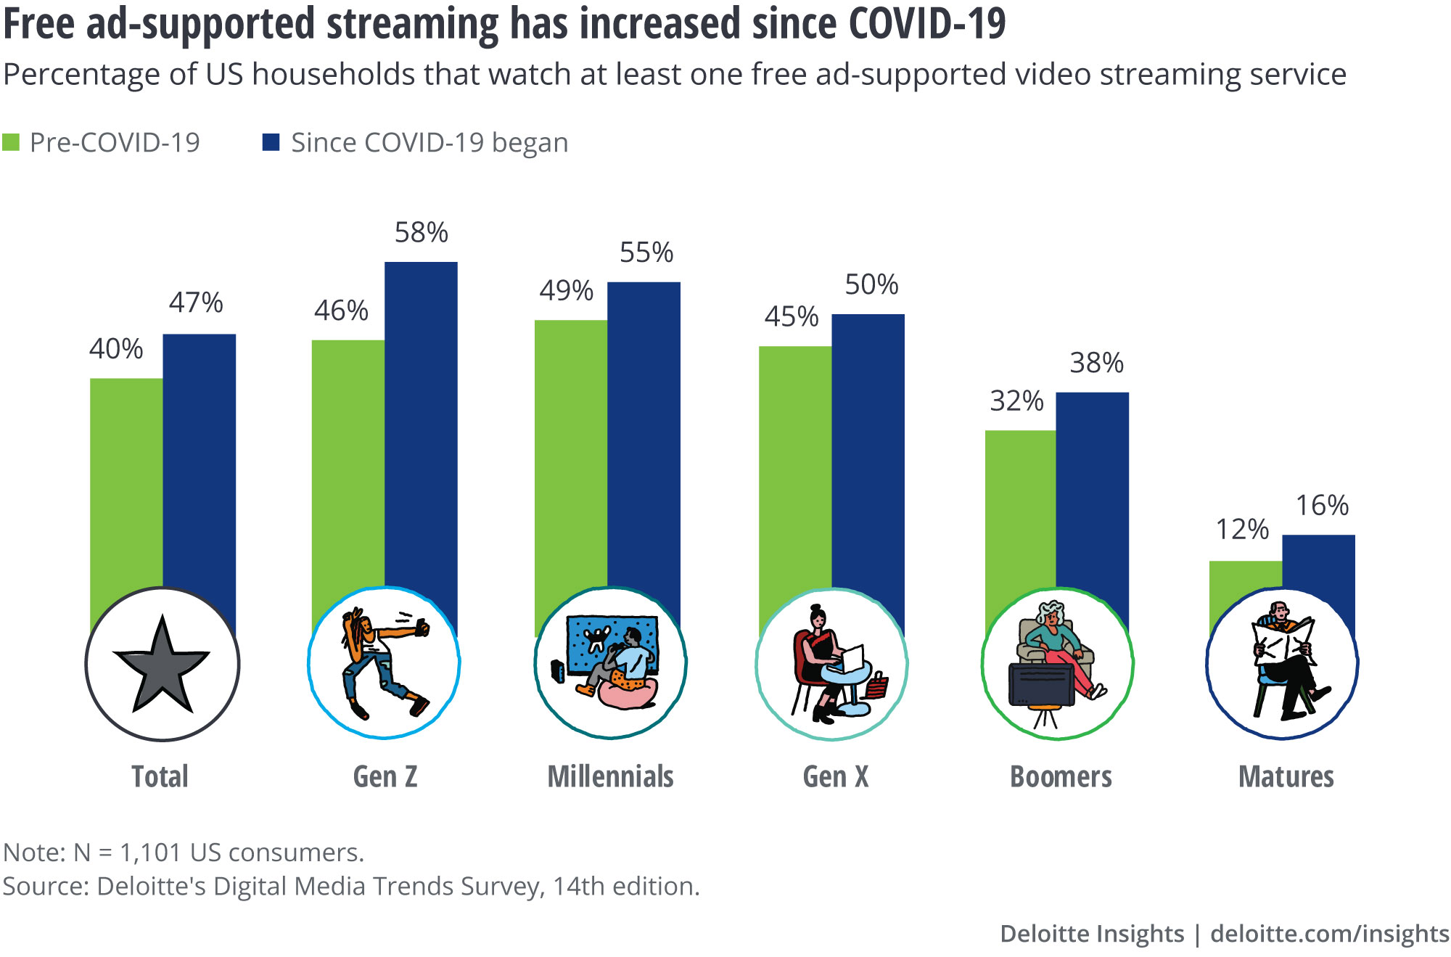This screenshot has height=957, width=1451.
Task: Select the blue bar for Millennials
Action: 644,443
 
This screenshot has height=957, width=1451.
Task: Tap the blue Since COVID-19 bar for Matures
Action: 1319,573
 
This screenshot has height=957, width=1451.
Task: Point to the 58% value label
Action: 422,232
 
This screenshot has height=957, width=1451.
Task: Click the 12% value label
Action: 1242,529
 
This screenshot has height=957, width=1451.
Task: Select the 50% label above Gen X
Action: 871,284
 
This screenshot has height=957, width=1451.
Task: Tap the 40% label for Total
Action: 116,348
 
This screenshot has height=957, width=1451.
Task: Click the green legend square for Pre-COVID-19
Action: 11,142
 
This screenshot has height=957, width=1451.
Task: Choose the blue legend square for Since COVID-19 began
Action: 271,141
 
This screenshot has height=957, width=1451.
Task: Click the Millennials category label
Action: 610,776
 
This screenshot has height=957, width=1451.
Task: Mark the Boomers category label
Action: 1061,776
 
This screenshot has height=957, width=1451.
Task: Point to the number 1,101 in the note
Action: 150,853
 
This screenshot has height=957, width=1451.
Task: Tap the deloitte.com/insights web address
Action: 1330,933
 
